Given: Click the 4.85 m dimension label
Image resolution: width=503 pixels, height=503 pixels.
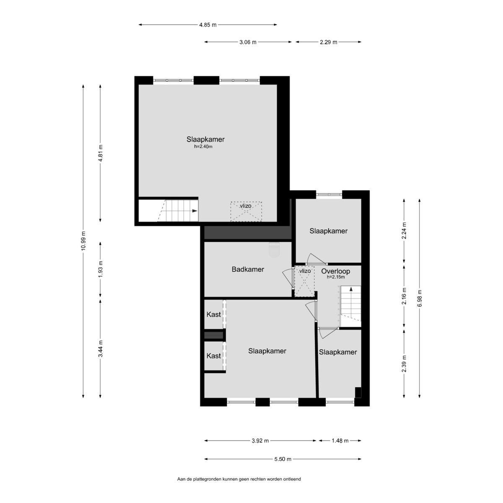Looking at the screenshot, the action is click(x=208, y=25).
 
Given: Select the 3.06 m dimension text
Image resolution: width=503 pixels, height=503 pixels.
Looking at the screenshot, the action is click(x=248, y=42).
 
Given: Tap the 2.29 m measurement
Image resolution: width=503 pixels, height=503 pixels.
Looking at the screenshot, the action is click(x=328, y=42).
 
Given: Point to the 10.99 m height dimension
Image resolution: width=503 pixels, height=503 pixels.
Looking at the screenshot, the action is click(x=83, y=241).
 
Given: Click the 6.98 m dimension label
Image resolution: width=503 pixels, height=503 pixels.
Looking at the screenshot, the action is click(x=420, y=298).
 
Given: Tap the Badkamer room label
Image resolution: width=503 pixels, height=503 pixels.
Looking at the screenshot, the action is click(x=248, y=269).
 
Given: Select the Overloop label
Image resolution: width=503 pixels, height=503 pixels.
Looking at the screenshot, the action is click(x=335, y=271).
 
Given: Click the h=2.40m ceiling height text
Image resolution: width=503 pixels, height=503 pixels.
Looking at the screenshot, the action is click(x=203, y=147).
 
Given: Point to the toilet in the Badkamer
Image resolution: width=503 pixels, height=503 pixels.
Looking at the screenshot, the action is click(x=274, y=249).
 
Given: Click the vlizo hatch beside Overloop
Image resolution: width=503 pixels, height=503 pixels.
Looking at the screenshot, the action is click(x=304, y=281).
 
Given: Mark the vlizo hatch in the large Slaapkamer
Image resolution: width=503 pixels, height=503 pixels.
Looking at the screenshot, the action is click(x=246, y=212).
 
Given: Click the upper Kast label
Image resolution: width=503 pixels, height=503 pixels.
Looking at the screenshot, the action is click(x=213, y=314).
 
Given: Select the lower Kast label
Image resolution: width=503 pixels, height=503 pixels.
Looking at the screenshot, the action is click(x=213, y=356).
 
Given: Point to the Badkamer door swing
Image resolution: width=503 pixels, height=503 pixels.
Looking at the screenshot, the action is click(x=288, y=278).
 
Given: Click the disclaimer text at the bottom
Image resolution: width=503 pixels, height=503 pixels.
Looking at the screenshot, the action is click(x=239, y=487).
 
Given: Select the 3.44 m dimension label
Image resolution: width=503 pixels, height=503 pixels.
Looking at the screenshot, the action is click(x=101, y=348).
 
